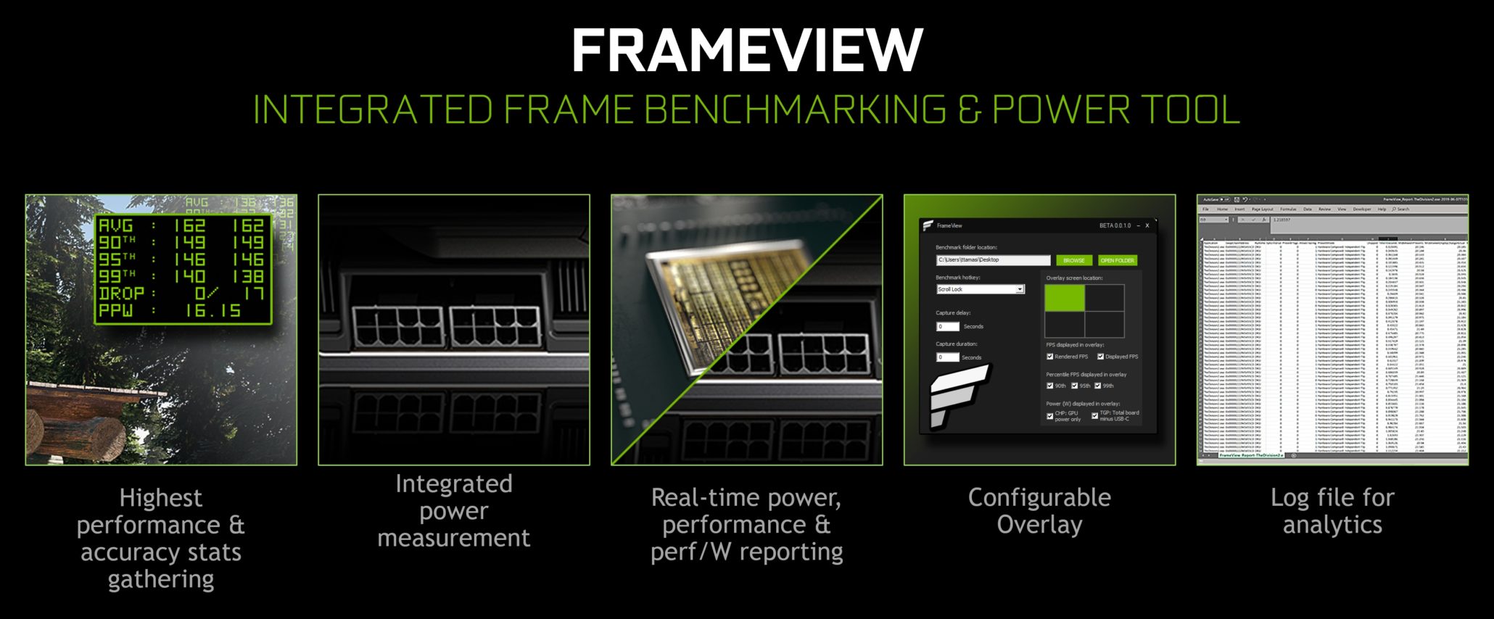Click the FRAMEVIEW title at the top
pyautogui.click(x=747, y=51)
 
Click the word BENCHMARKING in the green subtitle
pyautogui.click(x=794, y=110)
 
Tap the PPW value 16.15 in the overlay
pyautogui.click(x=212, y=311)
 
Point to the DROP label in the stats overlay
pyautogui.click(x=121, y=294)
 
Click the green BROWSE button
pyautogui.click(x=1074, y=260)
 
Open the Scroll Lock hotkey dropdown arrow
pyautogui.click(x=1020, y=289)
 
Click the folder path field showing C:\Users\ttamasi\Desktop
pyautogui.click(x=992, y=259)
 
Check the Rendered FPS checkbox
pyautogui.click(x=1050, y=357)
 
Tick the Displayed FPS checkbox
pyautogui.click(x=1100, y=357)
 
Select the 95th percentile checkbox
pyautogui.click(x=1075, y=386)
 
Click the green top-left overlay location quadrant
pyautogui.click(x=1065, y=298)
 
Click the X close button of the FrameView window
pyautogui.click(x=1147, y=225)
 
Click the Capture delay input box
pyautogui.click(x=947, y=327)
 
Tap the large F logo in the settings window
pyautogui.click(x=956, y=395)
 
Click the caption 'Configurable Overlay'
pyautogui.click(x=1039, y=511)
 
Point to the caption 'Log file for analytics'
pyautogui.click(x=1332, y=511)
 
